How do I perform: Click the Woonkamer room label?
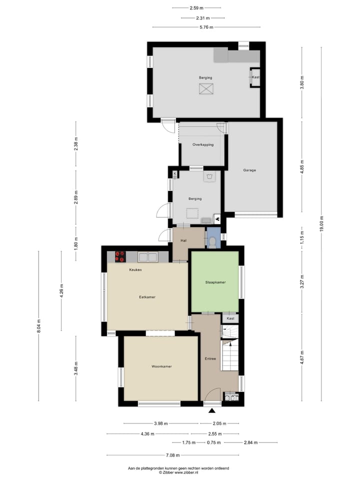161,366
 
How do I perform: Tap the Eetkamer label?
147,297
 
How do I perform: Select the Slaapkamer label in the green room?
215,282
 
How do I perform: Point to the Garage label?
249,170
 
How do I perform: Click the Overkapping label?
203,144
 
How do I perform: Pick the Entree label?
210,359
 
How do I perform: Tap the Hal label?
183,240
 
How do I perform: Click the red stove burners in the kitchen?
120,256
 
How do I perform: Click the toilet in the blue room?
212,242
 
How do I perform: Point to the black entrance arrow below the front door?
212,410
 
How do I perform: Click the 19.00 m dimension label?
321,224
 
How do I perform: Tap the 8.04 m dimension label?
39,326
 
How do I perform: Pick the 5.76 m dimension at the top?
206,27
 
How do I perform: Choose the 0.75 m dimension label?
214,442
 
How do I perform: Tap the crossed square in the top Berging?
205,89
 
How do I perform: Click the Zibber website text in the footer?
178,472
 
